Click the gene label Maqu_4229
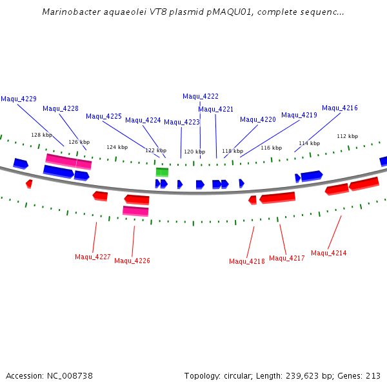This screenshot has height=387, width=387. [19, 99]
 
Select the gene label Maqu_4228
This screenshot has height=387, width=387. [61, 108]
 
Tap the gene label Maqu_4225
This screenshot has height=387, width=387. [104, 117]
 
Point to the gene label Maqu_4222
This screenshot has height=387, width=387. [201, 96]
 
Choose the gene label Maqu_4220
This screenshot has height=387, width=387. [258, 120]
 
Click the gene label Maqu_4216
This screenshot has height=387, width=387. [340, 108]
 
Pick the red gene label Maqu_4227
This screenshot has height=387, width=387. [93, 257]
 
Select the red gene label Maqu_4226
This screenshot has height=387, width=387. [132, 261]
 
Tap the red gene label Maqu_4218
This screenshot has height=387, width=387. [247, 261]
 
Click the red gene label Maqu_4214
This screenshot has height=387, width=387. [329, 253]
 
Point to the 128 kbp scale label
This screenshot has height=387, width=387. [41, 135]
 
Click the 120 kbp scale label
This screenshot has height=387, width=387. [194, 152]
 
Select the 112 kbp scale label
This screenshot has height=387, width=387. [347, 136]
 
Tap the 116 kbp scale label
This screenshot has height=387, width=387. [271, 148]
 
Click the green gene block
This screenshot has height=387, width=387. [162, 172]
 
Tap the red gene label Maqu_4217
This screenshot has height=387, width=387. [287, 258]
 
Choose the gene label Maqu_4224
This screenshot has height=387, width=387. [143, 121]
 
